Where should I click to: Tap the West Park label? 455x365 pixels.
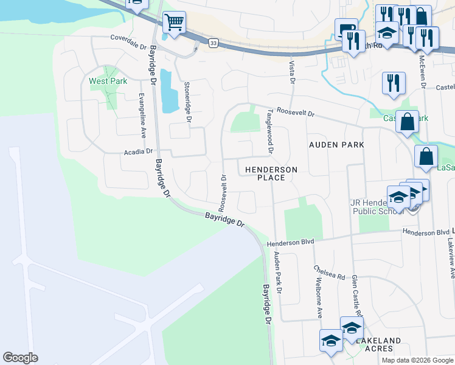click(x=107, y=82)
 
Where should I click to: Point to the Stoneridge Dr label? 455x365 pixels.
click(x=187, y=103)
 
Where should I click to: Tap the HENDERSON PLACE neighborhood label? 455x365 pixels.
click(x=271, y=173)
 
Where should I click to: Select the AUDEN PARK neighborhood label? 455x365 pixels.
click(x=336, y=145)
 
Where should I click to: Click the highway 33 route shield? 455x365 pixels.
click(x=212, y=43)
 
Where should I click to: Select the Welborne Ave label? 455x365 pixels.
click(x=318, y=298)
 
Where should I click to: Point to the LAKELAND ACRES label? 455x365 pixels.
click(x=378, y=344)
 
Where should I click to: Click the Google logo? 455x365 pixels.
click(x=20, y=358)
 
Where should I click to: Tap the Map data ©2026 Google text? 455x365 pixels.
click(x=417, y=360)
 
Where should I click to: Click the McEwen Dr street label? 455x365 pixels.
click(x=422, y=71)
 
